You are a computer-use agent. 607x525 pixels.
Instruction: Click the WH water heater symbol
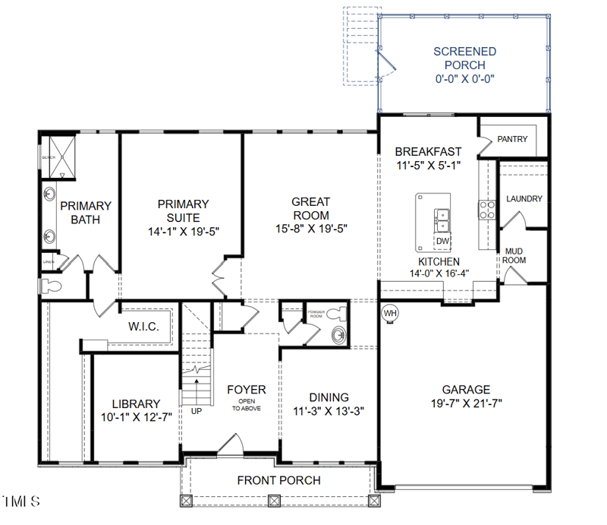point(390,313)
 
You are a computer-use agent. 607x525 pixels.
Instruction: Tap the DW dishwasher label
point(442,242)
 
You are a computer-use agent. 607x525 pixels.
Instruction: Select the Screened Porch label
point(465,59)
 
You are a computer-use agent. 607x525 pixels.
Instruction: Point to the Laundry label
point(524,199)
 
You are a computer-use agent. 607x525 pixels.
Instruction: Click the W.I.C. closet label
point(143,327)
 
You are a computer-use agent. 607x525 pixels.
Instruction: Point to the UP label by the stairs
point(197,411)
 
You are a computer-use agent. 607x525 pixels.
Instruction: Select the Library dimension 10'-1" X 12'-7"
point(136,417)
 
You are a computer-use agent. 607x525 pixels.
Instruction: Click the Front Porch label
point(278,480)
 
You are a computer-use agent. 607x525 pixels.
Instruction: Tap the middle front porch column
point(274,501)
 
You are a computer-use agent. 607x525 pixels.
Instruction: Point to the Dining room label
point(329,397)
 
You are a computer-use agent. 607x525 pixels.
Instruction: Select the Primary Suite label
point(182,210)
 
